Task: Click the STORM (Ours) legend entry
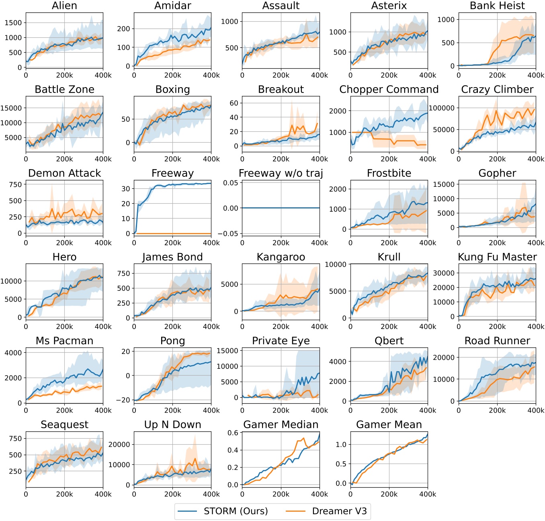tap(236, 511)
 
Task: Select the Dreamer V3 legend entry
tap(339, 511)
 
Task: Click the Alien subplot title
tap(64, 6)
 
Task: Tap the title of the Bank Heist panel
tap(497, 6)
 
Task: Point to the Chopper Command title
tap(389, 89)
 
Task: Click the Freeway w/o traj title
tap(281, 173)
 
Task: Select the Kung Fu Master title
tap(497, 257)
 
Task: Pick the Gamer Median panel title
tap(281, 425)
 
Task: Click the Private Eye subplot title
tap(281, 341)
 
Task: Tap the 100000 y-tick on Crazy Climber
tap(442, 108)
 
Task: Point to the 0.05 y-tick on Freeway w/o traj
tap(231, 183)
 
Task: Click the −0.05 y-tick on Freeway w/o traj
tap(228, 234)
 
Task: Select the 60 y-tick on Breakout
tap(234, 103)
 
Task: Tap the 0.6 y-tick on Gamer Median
tap(233, 433)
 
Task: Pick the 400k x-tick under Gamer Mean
tap(427, 494)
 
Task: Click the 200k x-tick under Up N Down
tap(172, 494)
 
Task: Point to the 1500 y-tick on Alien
tap(13, 23)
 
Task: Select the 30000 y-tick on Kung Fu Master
tap(444, 273)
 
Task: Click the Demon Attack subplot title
tap(64, 173)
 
